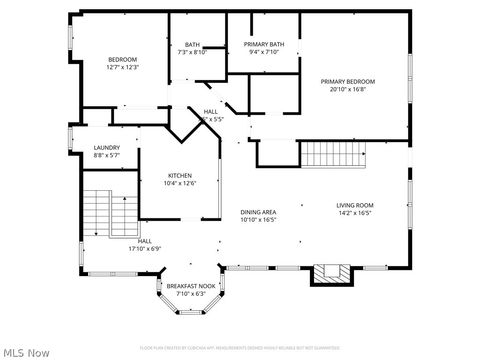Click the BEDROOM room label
pyautogui.click(x=122, y=60)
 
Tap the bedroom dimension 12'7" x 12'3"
pyautogui.click(x=122, y=68)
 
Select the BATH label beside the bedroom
pyautogui.click(x=192, y=45)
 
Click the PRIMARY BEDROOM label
pyautogui.click(x=348, y=81)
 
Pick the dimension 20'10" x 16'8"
pyautogui.click(x=348, y=89)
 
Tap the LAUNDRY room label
pyautogui.click(x=107, y=148)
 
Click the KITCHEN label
pyautogui.click(x=180, y=175)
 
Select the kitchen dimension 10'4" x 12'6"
pyautogui.click(x=180, y=183)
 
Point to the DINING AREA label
pyautogui.click(x=258, y=212)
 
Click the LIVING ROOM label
pyautogui.click(x=354, y=205)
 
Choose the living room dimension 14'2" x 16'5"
pyautogui.click(x=354, y=213)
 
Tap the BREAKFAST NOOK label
pyautogui.click(x=191, y=286)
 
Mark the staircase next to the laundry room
pyautogui.click(x=109, y=212)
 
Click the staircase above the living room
pyautogui.click(x=336, y=154)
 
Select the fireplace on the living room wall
pyautogui.click(x=332, y=273)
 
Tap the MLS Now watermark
pyautogui.click(x=27, y=352)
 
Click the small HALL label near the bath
pyautogui.click(x=211, y=111)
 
